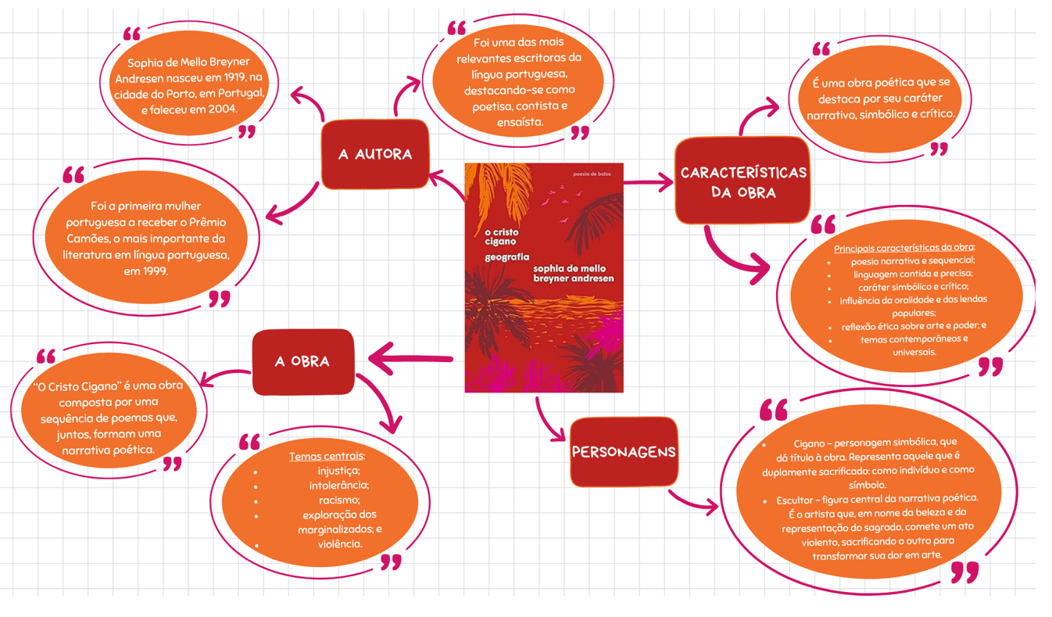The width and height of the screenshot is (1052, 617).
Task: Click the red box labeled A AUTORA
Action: pyautogui.click(x=375, y=154)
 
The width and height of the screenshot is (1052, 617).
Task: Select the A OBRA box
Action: pyautogui.click(x=303, y=361)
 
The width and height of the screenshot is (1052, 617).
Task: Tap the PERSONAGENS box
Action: pyautogui.click(x=624, y=451)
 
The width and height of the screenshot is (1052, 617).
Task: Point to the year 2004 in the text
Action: pyautogui.click(x=222, y=109)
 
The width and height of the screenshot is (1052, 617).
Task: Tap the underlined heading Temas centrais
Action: pyautogui.click(x=327, y=456)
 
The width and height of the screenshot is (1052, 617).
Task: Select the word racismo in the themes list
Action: pyautogui.click(x=339, y=500)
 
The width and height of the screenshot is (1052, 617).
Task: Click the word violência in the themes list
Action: pyautogui.click(x=339, y=544)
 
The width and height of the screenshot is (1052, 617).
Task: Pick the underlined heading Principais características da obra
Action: pyautogui.click(x=904, y=248)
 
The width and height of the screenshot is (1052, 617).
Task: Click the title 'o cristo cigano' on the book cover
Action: pyautogui.click(x=501, y=237)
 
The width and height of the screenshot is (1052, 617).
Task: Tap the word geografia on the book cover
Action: pyautogui.click(x=506, y=257)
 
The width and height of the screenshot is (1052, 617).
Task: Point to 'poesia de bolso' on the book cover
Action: pyautogui.click(x=592, y=174)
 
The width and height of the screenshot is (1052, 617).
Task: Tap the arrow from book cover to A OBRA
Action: pyautogui.click(x=411, y=359)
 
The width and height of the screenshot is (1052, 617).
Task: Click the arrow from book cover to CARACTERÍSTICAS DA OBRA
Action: pyautogui.click(x=649, y=182)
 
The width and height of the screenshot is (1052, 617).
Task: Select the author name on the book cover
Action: pyautogui.click(x=574, y=274)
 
